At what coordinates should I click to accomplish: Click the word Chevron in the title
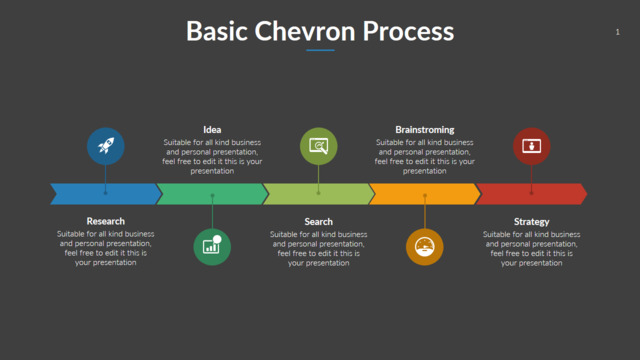305,31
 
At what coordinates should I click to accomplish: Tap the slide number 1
618,32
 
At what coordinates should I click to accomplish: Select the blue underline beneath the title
320,50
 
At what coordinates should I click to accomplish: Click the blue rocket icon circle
106,146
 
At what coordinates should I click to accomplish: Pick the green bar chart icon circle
212,247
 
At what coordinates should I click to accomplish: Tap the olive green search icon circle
318,146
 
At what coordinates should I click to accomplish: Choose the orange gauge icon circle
425,247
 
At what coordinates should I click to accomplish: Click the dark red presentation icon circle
531,146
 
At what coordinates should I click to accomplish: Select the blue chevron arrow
106,194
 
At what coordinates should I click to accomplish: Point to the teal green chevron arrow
212,194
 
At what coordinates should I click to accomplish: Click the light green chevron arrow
319,194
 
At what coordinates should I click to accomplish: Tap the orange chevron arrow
425,194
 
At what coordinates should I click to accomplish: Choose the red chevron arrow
531,194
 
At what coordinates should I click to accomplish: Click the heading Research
106,221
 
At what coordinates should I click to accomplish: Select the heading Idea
212,130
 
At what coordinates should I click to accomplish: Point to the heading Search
318,222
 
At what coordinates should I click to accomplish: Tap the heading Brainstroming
425,130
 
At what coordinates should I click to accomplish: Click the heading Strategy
531,222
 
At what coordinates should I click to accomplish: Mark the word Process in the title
408,31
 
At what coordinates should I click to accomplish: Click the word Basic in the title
217,31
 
